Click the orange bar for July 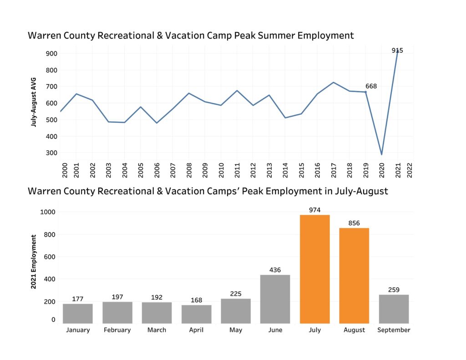click(x=314, y=269)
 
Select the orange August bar click(x=354, y=275)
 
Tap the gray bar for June click(x=275, y=299)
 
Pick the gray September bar click(x=394, y=309)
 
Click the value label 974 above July click(x=314, y=210)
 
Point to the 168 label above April click(x=196, y=300)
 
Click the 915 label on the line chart click(x=397, y=51)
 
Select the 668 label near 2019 click(x=371, y=86)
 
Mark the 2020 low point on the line click(x=381, y=155)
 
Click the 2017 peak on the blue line click(x=333, y=82)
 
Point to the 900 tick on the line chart click(x=51, y=54)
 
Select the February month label click(x=117, y=330)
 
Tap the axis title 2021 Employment click(x=34, y=262)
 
